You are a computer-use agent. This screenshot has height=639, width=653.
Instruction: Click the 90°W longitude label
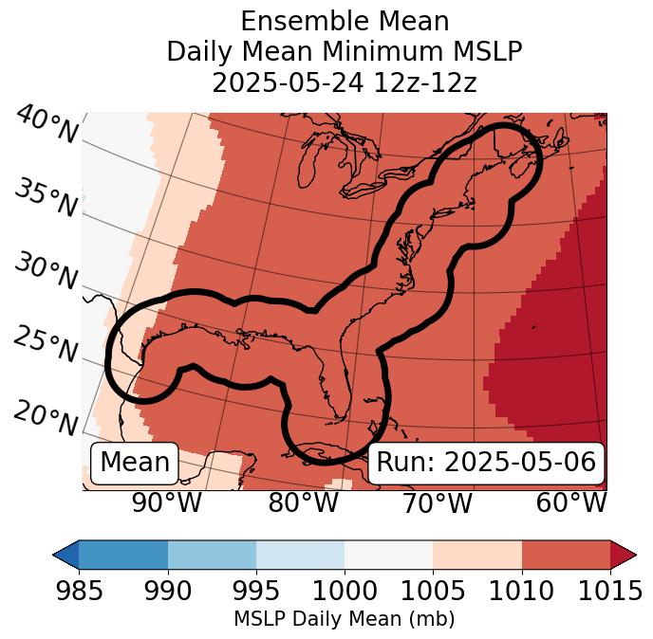(x=167, y=502)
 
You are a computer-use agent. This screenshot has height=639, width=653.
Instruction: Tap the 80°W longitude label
(x=303, y=502)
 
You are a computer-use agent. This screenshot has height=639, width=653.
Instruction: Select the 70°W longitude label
(x=438, y=502)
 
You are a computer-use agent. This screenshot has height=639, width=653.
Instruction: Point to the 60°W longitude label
(x=570, y=502)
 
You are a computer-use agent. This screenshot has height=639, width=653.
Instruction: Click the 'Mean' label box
(x=135, y=463)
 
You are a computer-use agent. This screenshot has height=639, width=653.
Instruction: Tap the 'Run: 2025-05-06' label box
(x=486, y=463)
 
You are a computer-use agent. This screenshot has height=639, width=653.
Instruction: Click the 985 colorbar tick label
(x=80, y=592)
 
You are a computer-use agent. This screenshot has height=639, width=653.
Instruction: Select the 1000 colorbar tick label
(x=345, y=592)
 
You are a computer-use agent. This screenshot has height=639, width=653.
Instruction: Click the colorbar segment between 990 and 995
(x=212, y=555)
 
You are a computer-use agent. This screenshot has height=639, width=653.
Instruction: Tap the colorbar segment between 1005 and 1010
(x=477, y=555)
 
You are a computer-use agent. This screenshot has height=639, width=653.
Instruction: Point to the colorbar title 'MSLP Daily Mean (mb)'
(x=345, y=620)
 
